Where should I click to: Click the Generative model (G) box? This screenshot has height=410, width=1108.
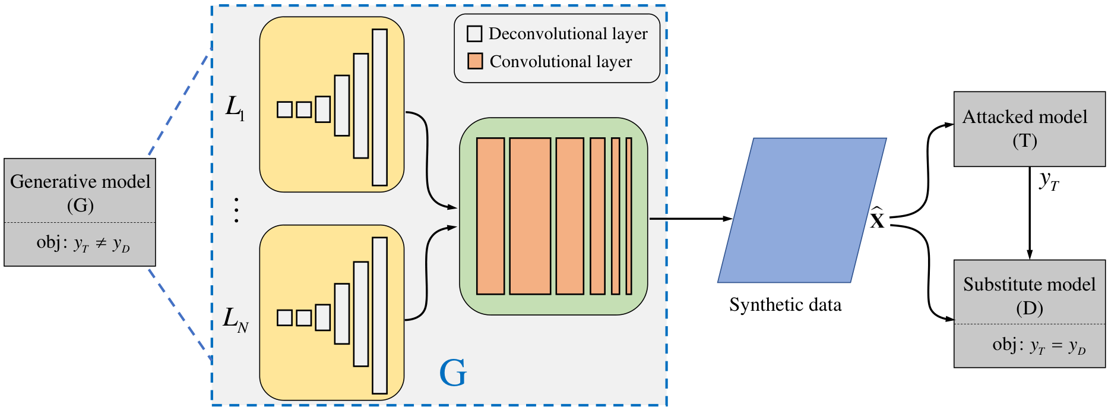(80, 212)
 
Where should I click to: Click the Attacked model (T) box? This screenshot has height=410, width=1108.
(1029, 129)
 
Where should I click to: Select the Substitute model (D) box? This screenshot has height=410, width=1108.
(1029, 314)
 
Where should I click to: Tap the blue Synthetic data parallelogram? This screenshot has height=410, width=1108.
(802, 210)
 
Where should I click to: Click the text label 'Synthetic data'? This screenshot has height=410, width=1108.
(785, 305)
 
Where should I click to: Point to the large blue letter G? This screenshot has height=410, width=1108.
(453, 373)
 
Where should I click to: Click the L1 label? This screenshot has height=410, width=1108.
(235, 108)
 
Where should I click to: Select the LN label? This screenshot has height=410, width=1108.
(236, 319)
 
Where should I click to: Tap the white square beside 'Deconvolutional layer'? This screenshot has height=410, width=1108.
(474, 34)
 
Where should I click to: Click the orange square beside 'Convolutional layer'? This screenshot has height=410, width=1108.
(474, 61)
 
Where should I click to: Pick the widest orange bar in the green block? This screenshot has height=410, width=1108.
(530, 216)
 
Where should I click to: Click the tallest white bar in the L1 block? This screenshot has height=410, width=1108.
(379, 108)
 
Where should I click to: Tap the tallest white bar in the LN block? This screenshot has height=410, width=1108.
(379, 316)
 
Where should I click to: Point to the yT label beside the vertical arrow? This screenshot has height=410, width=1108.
(1049, 181)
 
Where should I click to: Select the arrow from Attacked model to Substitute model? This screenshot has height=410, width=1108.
(1030, 213)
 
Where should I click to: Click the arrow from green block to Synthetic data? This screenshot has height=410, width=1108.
(691, 219)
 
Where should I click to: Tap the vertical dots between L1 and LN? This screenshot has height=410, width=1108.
(236, 210)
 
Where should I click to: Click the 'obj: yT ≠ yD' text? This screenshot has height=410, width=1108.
(83, 244)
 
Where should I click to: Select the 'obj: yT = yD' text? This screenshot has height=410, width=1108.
(1039, 346)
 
